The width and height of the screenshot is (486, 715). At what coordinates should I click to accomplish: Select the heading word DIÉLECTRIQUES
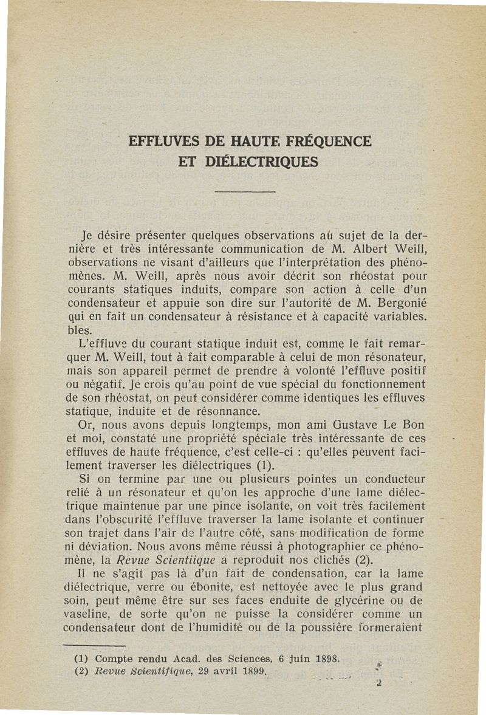(x=262, y=162)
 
